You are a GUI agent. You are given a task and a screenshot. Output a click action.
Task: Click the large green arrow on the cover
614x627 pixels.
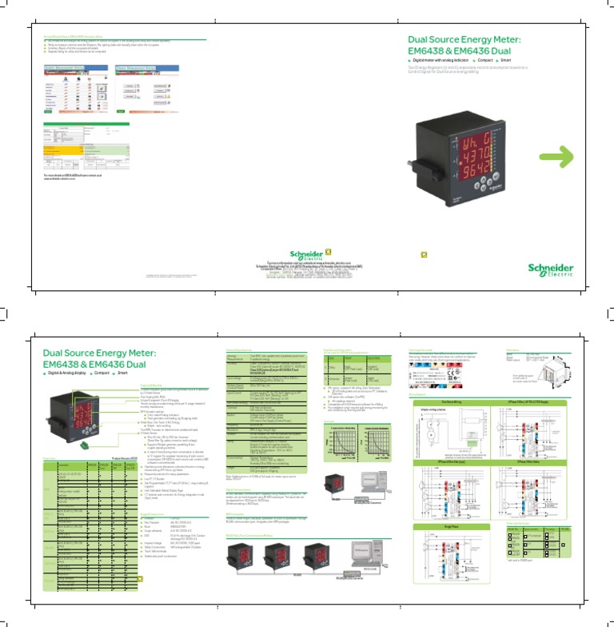click(573, 158)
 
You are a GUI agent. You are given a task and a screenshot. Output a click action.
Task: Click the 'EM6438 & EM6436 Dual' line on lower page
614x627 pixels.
click(89, 364)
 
